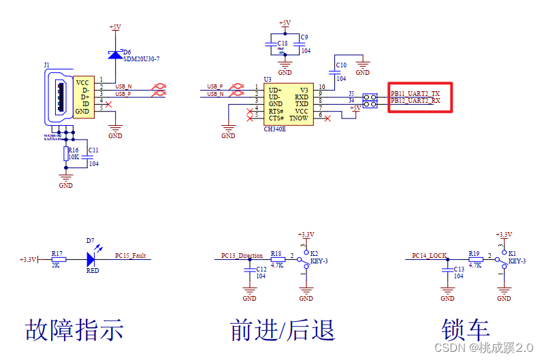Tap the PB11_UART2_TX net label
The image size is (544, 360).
pos(415,93)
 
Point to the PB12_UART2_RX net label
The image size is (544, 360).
pos(415,101)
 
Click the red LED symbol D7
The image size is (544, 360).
pos(92,259)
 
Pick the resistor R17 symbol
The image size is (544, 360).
pos(59,259)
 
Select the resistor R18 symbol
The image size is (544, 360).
pos(276,259)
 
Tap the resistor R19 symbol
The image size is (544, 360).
pos(475,259)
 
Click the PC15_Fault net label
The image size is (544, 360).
pos(130,256)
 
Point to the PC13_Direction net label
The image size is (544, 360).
pos(242,256)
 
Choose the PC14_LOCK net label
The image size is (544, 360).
pos(430,256)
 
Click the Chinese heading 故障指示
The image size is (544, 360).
pos(74,330)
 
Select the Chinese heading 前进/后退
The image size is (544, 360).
pos(283,330)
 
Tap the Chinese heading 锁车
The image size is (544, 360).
pos(466,330)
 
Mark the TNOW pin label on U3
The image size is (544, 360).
pos(298,118)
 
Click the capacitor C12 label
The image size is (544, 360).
pos(261,269)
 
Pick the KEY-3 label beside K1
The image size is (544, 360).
pos(517,261)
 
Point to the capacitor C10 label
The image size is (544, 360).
pos(341,65)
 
